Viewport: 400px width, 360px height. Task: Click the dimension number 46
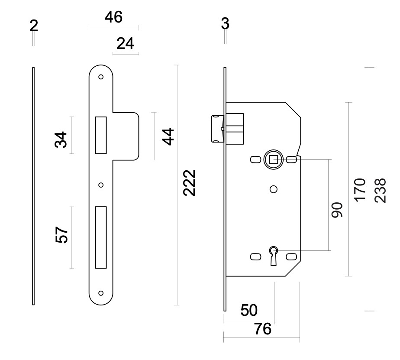click(x=113, y=17)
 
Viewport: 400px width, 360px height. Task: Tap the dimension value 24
click(x=125, y=43)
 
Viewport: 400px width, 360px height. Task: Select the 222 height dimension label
click(x=189, y=183)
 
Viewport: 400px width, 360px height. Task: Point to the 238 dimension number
click(x=380, y=191)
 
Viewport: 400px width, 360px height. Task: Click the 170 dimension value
click(x=360, y=190)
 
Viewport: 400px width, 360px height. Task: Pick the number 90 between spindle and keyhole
click(x=337, y=210)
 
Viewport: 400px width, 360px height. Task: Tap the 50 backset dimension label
click(x=249, y=310)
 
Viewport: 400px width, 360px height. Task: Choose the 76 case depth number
click(x=263, y=329)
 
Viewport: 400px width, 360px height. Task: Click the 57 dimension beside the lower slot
click(x=61, y=235)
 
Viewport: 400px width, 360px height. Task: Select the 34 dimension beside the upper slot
click(x=61, y=139)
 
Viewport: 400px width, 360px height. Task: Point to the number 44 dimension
click(x=168, y=137)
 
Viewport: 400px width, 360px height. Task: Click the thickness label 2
click(x=34, y=26)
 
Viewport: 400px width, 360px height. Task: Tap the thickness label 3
click(x=225, y=24)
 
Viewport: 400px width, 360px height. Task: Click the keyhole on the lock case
click(x=274, y=256)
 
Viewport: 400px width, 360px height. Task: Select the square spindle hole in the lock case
click(x=273, y=160)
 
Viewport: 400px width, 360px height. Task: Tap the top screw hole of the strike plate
click(x=101, y=77)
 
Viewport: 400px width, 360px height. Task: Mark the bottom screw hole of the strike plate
click(x=101, y=293)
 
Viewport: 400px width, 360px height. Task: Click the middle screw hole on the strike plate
click(x=101, y=185)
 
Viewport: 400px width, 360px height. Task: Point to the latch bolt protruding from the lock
click(x=217, y=129)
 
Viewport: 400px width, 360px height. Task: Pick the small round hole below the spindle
click(x=274, y=189)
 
